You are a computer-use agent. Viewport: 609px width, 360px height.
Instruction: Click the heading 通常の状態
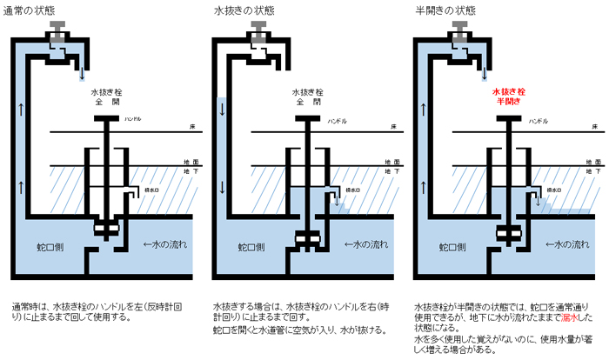[34, 10]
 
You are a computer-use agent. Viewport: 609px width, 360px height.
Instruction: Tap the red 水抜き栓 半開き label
[509, 95]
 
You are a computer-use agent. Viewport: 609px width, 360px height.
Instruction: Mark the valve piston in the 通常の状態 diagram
[107, 230]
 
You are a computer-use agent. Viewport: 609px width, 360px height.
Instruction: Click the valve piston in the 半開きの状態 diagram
[509, 233]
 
